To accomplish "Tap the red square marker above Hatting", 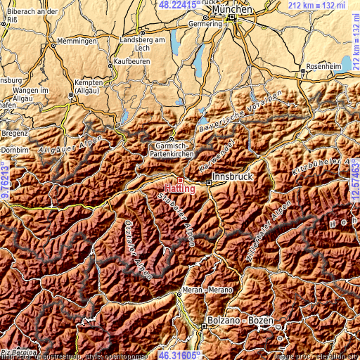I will (x=180, y=180).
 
